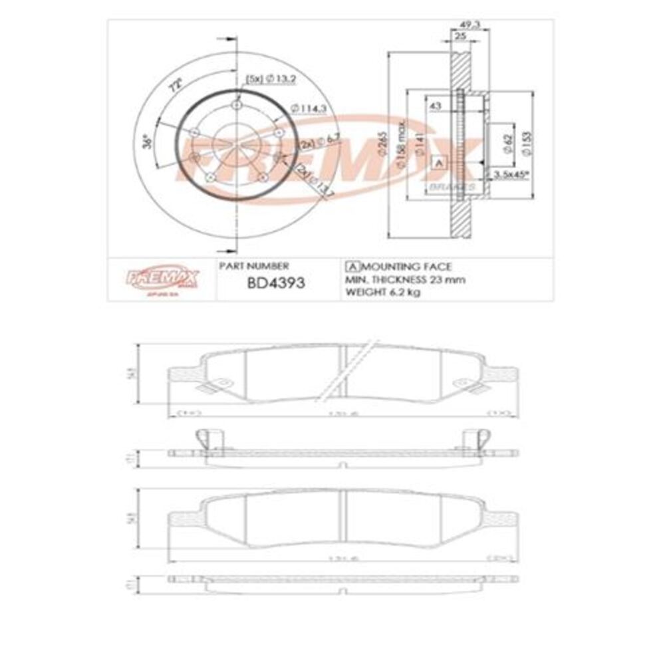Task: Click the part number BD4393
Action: (275, 282)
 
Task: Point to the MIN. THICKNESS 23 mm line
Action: (405, 279)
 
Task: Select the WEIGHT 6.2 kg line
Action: (382, 293)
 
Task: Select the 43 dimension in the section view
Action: (436, 106)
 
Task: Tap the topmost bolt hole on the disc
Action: (237, 106)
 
